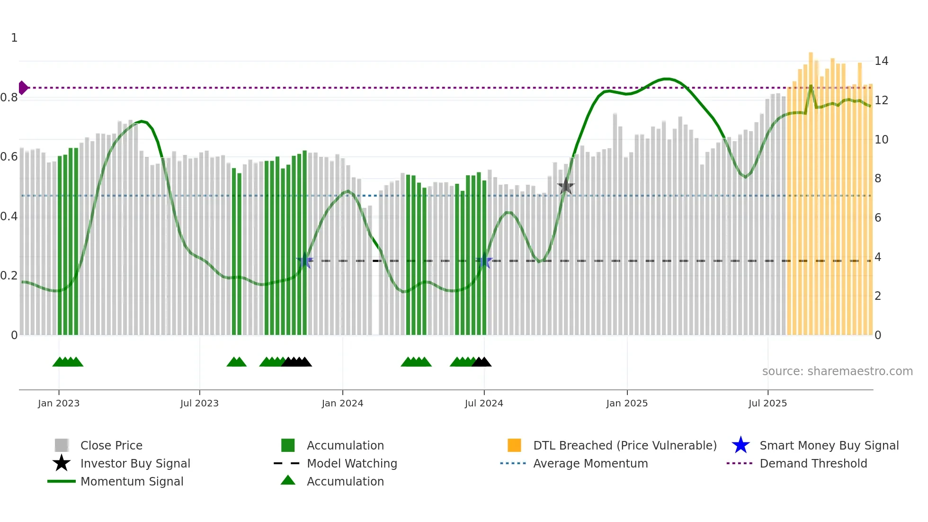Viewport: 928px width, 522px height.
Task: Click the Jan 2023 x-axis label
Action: tap(59, 403)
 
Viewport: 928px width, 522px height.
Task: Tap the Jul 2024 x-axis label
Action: tap(484, 403)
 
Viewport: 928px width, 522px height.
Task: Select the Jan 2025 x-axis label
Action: tap(627, 403)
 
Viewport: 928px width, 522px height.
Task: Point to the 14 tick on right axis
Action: tap(881, 61)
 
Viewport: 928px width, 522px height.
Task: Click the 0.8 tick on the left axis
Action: tap(9, 98)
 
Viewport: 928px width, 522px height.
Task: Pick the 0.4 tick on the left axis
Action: tap(9, 216)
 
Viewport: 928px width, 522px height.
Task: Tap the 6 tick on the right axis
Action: tap(878, 218)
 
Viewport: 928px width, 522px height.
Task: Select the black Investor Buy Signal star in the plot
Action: tap(565, 187)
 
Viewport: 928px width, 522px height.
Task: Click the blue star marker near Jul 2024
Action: tap(484, 261)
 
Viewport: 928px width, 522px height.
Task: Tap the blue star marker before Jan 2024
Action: tap(305, 261)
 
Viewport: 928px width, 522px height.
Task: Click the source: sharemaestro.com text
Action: tap(837, 371)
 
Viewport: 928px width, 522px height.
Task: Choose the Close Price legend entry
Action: tap(111, 445)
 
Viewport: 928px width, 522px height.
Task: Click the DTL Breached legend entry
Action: tap(625, 445)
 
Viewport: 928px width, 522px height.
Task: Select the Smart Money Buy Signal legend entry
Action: tap(829, 445)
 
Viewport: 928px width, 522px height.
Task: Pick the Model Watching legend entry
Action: tap(351, 463)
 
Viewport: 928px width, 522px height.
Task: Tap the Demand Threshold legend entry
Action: tap(813, 463)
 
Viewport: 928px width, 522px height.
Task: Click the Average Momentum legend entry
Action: tap(590, 463)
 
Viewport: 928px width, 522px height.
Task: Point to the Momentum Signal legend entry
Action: tap(131, 481)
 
